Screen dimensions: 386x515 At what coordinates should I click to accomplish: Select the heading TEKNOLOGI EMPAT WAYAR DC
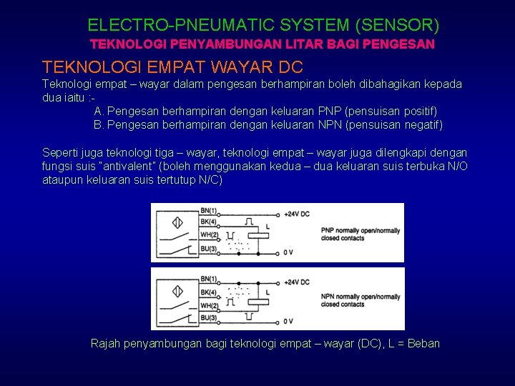coord(172,67)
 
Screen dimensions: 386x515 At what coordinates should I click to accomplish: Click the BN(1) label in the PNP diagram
coord(209,212)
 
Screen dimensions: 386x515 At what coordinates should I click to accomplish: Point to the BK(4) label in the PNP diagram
coord(209,223)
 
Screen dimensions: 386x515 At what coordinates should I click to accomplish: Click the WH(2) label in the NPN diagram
coord(209,305)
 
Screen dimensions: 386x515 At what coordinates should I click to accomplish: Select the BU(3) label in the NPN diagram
coord(209,317)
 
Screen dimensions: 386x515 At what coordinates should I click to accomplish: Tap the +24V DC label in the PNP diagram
coord(296,214)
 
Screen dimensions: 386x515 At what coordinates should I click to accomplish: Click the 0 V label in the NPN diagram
coord(288,321)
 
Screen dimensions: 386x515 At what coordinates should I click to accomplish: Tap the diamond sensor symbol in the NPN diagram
coord(175,290)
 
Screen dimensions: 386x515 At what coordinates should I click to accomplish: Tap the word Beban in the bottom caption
coord(423,344)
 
